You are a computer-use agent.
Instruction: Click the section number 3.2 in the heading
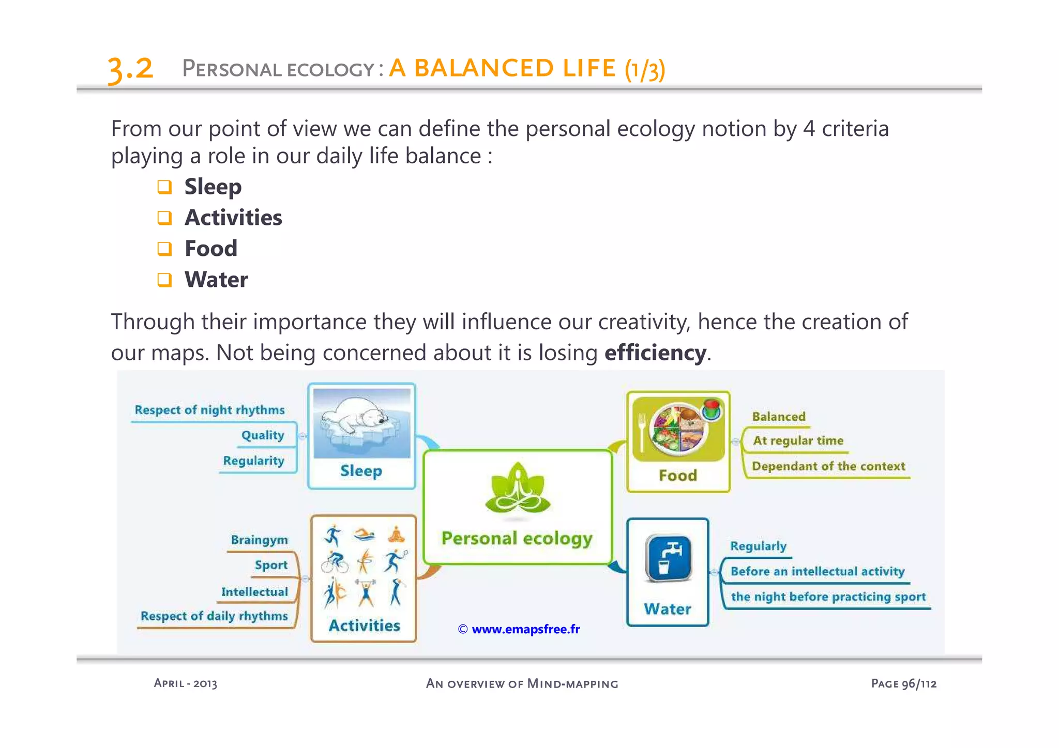130,69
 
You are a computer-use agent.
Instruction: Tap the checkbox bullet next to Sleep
164,187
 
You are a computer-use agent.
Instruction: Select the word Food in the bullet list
211,249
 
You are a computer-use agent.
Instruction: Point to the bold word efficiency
655,353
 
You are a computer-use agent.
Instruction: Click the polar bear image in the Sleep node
361,423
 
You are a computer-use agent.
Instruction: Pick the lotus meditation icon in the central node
518,489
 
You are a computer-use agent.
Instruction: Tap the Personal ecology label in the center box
517,539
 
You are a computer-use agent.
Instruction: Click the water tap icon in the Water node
668,558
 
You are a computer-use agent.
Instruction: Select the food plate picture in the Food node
678,428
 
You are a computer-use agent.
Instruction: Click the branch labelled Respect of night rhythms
209,410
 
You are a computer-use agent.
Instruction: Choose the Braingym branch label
259,540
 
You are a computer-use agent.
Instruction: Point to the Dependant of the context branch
828,466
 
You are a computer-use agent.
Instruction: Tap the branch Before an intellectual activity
817,571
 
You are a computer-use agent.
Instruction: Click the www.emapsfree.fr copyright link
519,629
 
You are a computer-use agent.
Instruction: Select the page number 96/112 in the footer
919,683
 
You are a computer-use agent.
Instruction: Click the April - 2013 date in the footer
185,683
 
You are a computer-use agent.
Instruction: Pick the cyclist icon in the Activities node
335,562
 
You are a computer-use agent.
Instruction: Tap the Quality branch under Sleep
263,435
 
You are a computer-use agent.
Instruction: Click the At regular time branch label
798,440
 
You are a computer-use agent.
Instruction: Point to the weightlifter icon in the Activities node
366,592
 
